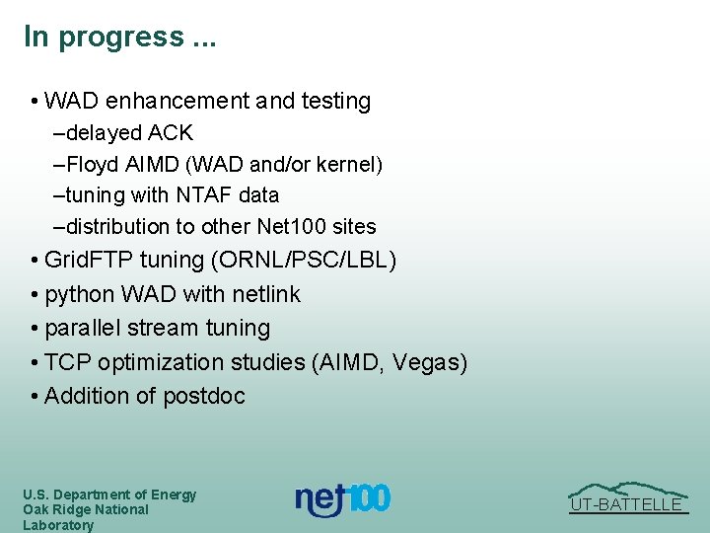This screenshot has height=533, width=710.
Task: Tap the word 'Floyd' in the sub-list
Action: [92, 164]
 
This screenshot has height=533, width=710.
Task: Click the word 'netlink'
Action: [266, 294]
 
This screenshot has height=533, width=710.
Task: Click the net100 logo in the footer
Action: [343, 499]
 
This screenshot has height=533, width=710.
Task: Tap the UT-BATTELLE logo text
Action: [627, 505]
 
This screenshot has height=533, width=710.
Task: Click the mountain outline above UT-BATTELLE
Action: [627, 488]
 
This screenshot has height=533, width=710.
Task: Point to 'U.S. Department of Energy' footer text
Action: [109, 495]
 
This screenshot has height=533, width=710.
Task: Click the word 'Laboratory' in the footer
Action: [58, 525]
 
